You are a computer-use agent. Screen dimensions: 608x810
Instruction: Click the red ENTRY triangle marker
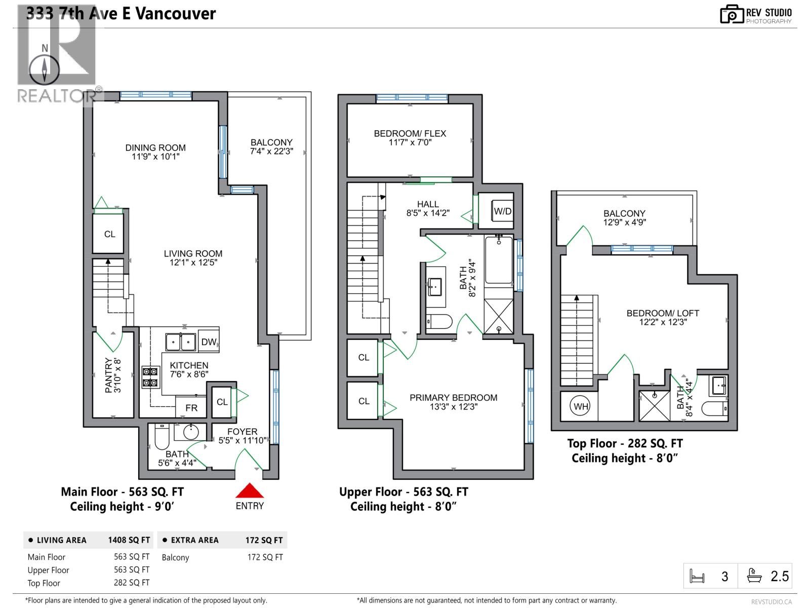(250, 490)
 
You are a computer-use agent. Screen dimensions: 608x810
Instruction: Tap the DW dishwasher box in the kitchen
(208, 342)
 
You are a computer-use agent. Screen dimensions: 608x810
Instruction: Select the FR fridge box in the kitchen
(191, 407)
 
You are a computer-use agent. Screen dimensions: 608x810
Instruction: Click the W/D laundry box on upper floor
(502, 211)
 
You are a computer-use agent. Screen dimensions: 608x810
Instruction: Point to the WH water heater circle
(581, 406)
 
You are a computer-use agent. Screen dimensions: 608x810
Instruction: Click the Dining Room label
(155, 147)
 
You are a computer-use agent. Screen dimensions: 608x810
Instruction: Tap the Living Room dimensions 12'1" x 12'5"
(193, 262)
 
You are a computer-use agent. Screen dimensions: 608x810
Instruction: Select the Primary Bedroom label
(453, 398)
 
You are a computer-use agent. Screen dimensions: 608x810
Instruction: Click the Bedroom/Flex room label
(410, 133)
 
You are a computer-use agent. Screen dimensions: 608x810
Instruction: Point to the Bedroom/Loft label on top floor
(662, 313)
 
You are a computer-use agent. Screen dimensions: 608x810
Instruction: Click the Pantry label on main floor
(108, 375)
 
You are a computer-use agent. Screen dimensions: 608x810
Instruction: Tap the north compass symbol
(45, 68)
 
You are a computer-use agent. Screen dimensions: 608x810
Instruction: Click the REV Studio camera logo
(731, 14)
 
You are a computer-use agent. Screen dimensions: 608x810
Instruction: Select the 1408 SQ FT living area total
(129, 540)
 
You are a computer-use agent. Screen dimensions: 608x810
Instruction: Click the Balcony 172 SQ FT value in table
(265, 557)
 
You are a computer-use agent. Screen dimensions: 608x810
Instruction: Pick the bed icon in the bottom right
(697, 577)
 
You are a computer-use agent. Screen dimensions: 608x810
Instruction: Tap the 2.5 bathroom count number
(779, 577)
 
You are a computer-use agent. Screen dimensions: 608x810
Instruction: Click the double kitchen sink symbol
(181, 342)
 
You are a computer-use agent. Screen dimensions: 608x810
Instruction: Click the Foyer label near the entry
(242, 432)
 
